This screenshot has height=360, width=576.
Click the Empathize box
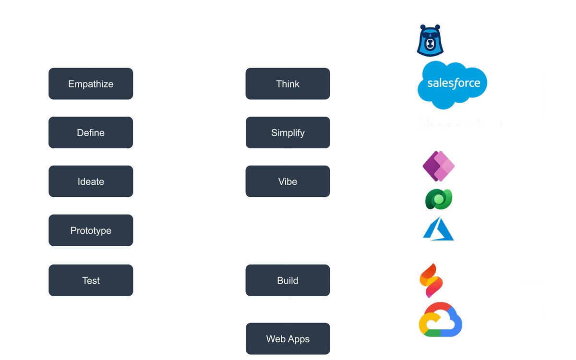pyautogui.click(x=91, y=84)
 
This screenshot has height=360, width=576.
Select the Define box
pyautogui.click(x=91, y=133)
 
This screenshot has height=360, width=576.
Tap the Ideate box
pyautogui.click(x=91, y=182)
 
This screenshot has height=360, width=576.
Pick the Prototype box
pyautogui.click(x=91, y=231)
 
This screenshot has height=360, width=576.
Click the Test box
pyautogui.click(x=91, y=280)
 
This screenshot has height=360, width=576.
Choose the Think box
pyautogui.click(x=288, y=84)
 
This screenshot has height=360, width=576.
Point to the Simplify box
pyautogui.click(x=288, y=133)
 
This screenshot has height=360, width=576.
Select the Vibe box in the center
pyautogui.click(x=288, y=182)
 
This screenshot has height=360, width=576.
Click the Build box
pyautogui.click(x=288, y=280)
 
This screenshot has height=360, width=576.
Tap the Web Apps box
pyautogui.click(x=288, y=339)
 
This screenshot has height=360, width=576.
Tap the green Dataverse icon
pyautogui.click(x=439, y=198)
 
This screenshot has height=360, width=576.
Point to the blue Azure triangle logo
pyautogui.click(x=438, y=229)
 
